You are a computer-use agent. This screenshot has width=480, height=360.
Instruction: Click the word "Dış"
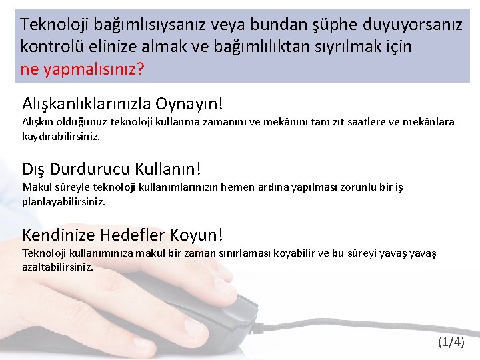coord(34,168)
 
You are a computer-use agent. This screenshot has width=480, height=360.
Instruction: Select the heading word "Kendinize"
coord(58,235)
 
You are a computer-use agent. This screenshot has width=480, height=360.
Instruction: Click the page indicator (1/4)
coord(451,343)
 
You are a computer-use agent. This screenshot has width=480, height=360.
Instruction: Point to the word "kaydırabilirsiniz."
coord(61,135)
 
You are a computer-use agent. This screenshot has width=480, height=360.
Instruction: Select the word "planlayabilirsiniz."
coord(64,200)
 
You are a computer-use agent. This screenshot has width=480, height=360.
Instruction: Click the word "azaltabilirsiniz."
coord(57,267)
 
